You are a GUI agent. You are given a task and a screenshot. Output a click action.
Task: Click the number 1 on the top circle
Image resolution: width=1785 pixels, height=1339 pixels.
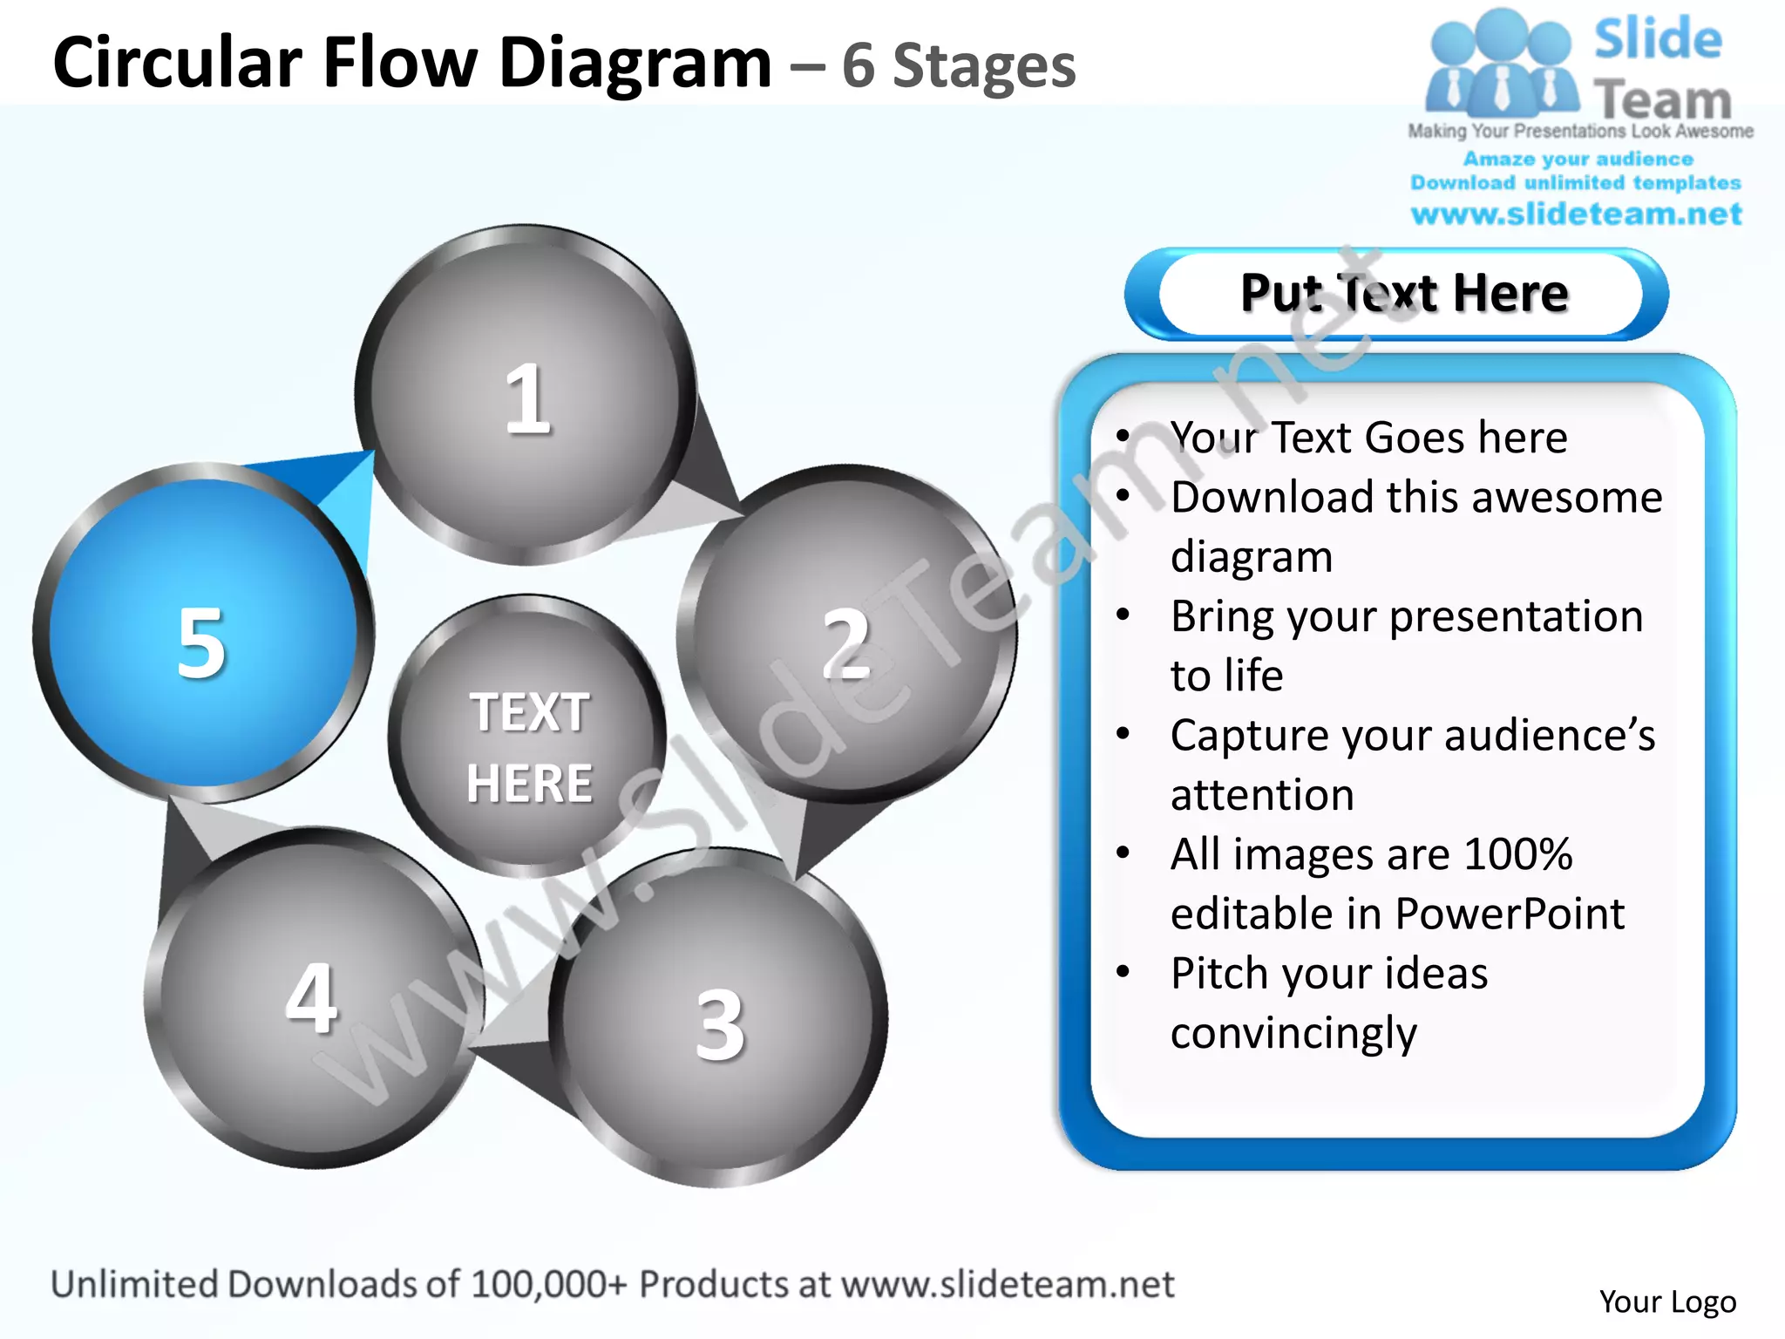point(527,398)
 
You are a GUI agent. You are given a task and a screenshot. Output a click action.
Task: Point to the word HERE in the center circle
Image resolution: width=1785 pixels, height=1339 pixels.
point(529,783)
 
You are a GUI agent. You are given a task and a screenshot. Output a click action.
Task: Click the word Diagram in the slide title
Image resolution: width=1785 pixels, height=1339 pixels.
point(635,63)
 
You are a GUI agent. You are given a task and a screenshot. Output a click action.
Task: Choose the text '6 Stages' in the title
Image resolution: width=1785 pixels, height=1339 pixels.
point(959,66)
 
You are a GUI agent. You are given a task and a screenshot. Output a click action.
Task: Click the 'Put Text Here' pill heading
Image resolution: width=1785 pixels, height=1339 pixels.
point(1403,293)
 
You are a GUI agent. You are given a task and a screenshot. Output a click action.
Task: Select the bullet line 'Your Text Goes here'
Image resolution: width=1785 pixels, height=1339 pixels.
point(1368,437)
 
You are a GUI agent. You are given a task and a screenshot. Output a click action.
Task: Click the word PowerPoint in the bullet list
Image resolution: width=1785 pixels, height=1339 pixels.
point(1510,914)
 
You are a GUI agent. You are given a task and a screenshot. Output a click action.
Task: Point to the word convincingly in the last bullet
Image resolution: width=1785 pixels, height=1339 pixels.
point(1293,1033)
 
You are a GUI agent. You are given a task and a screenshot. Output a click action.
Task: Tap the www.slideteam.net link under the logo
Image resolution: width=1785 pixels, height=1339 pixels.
point(1576,214)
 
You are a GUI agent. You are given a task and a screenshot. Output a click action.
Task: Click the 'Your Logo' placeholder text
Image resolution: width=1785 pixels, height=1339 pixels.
point(1667,1302)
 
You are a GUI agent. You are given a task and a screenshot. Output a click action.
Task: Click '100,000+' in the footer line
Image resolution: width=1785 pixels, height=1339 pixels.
point(548,1284)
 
